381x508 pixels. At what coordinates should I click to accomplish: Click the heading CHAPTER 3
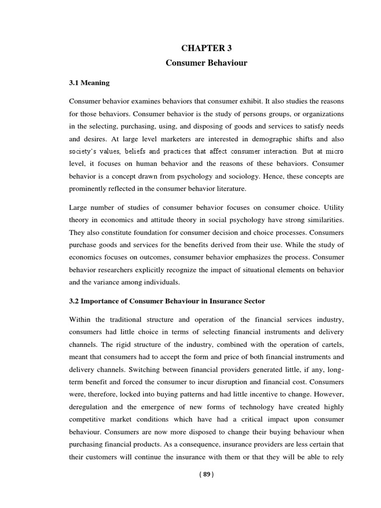point(206,48)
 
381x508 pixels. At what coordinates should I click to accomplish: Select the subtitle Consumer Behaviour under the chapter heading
point(206,64)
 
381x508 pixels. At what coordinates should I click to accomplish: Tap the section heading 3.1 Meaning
point(89,83)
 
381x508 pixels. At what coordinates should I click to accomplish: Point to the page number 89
point(206,474)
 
